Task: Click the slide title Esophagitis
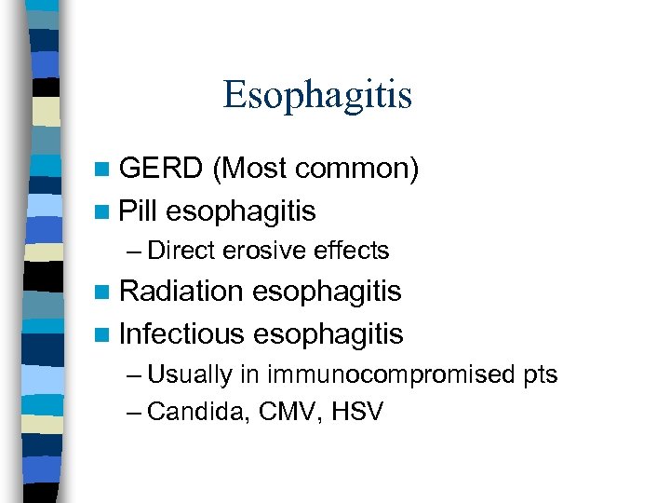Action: click(317, 94)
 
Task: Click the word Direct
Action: click(180, 251)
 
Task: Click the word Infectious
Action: click(182, 333)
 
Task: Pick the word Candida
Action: click(190, 412)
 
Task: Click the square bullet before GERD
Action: click(101, 170)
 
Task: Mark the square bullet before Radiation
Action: click(101, 292)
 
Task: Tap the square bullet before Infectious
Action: click(101, 333)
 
